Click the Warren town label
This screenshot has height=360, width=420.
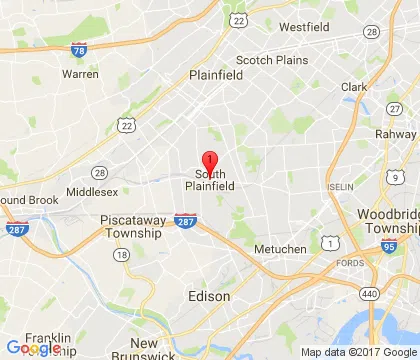click(x=80, y=74)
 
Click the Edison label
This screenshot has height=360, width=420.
click(x=209, y=297)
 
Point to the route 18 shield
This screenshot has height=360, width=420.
click(x=121, y=255)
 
